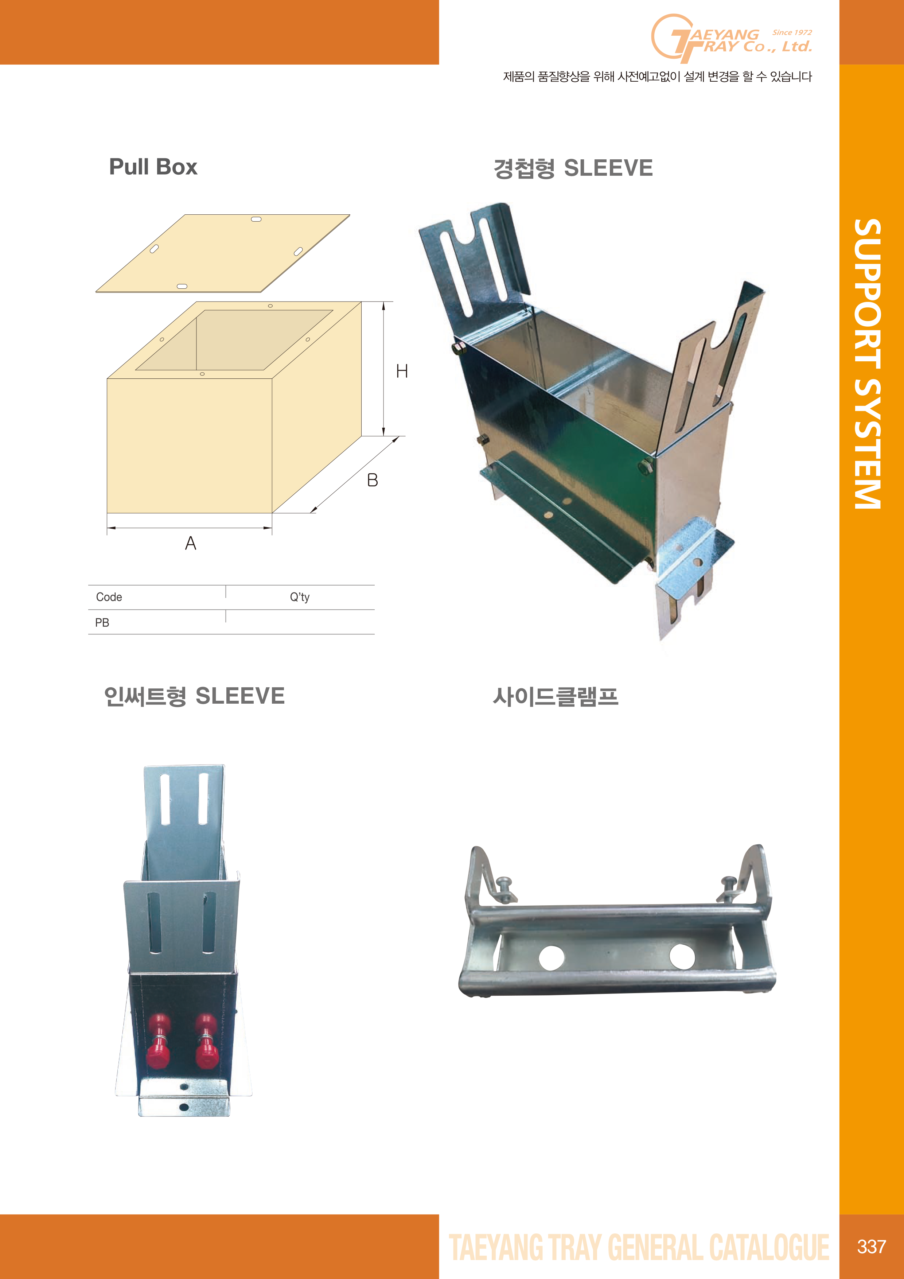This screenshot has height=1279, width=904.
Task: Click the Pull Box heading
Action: coord(153,167)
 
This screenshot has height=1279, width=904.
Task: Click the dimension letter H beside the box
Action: coord(402,371)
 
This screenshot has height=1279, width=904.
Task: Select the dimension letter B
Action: coord(373,480)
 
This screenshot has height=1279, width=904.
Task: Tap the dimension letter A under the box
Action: coord(191,543)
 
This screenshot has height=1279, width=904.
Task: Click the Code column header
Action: coord(109,597)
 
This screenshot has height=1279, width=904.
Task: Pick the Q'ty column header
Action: coord(300,597)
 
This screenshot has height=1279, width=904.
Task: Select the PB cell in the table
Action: coord(102,623)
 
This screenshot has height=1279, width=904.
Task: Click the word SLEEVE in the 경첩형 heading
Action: coord(608,168)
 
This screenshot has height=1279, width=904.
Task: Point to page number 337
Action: coord(872,1246)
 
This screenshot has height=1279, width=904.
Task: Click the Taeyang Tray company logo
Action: coord(731,38)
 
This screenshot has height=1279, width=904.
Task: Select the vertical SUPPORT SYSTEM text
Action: coord(868,364)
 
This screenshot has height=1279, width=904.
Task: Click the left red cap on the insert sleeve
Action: coord(159,1041)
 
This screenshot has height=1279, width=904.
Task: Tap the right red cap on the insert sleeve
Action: coord(206,1041)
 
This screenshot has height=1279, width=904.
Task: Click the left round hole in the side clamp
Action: coord(552,957)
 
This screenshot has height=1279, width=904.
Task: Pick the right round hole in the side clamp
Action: coord(682,956)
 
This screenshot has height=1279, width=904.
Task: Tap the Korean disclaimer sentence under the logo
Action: coord(657,76)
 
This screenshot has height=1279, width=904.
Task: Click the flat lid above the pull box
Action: coord(223,253)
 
